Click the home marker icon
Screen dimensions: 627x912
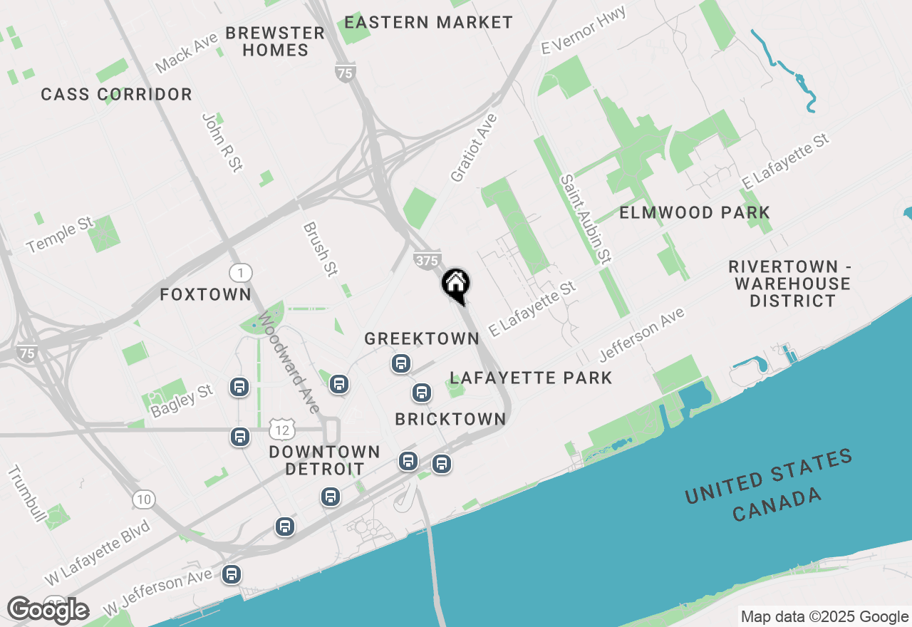coord(456,284)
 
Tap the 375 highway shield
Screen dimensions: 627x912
coord(427,261)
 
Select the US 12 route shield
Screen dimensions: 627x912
coord(282,429)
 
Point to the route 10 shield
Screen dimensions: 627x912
coord(143,499)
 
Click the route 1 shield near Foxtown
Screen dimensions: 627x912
coord(241,272)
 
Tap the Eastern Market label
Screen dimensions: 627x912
coord(428,22)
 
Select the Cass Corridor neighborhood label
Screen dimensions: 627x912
coord(116,94)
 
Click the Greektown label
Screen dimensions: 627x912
coord(422,338)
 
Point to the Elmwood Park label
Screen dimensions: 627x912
coord(695,212)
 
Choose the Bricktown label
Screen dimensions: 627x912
coord(450,419)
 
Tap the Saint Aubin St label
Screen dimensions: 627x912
coord(586,219)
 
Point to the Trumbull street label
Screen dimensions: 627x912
coord(27,492)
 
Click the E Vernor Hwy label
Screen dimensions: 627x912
coord(584,30)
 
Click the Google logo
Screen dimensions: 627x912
coord(48,610)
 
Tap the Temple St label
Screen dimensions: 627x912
coord(60,235)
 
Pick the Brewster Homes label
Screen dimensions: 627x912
coord(275,41)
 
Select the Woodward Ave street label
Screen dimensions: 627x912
coord(289,361)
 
